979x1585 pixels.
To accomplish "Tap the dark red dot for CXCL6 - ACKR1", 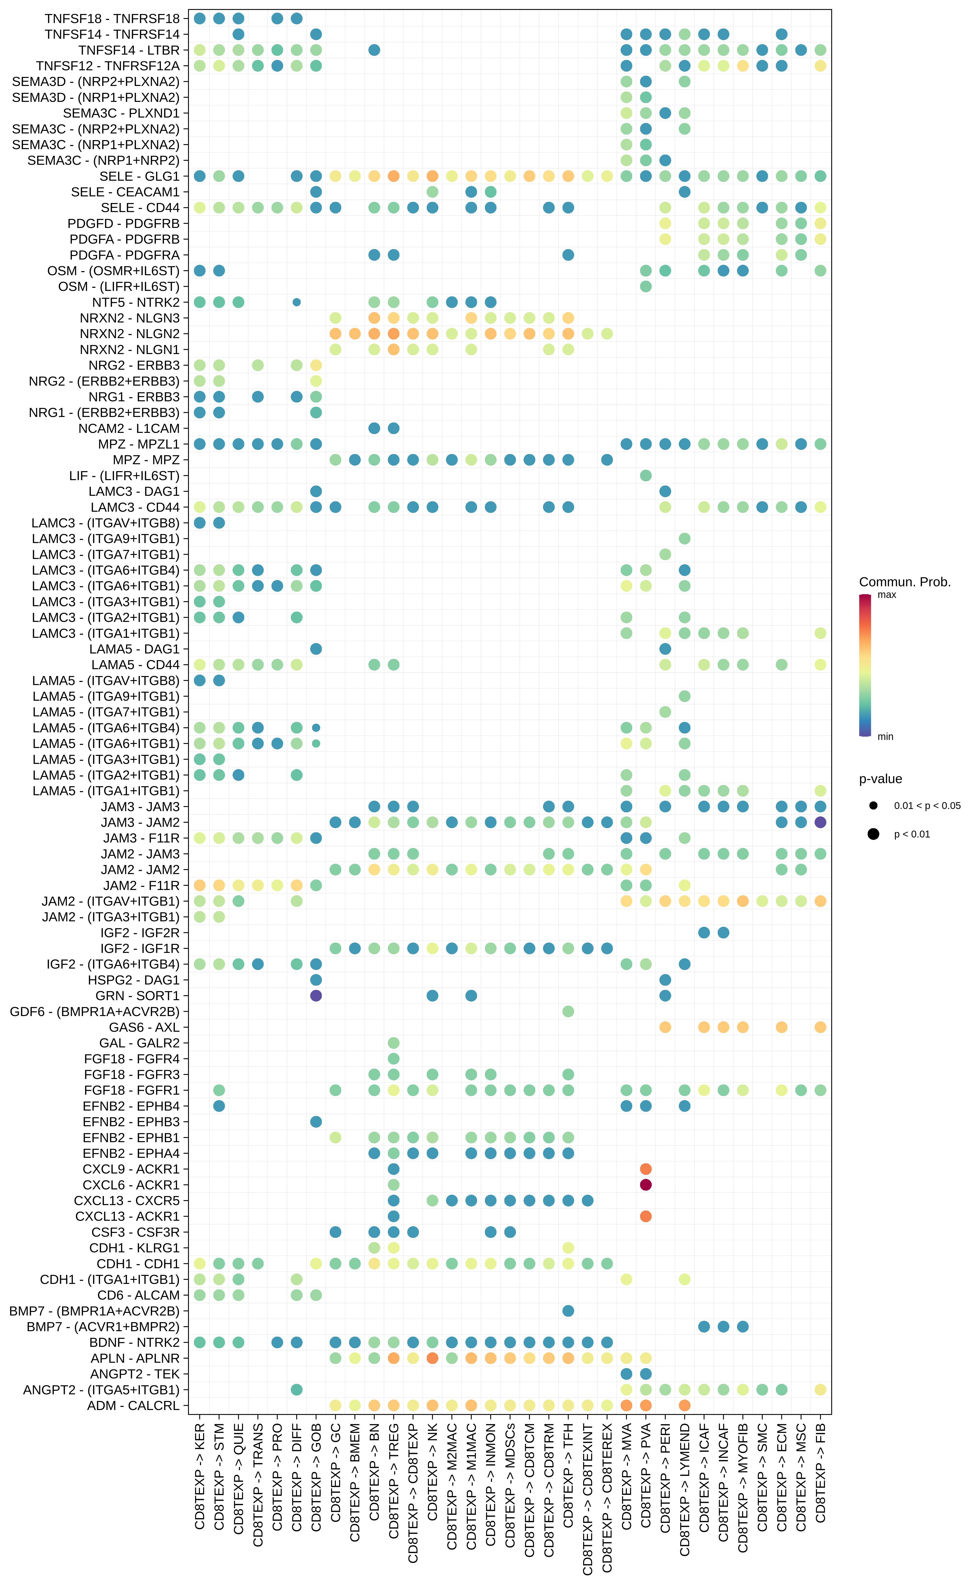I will (646, 1185).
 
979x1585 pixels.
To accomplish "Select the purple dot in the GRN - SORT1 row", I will (316, 996).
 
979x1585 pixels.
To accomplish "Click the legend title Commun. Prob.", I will (904, 582).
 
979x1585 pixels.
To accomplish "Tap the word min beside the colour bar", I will (885, 737).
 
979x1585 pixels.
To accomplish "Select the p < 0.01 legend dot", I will (873, 834).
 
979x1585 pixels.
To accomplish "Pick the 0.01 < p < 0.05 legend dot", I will (873, 806).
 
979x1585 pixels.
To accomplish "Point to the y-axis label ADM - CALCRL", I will (133, 1405).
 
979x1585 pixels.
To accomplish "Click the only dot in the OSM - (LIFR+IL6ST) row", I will (646, 286).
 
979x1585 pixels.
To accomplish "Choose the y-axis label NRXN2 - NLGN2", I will (130, 334).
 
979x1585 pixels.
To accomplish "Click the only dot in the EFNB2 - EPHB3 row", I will (316, 1122).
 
